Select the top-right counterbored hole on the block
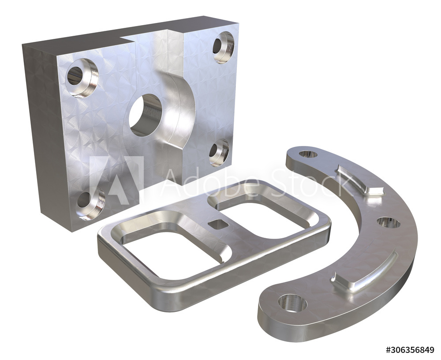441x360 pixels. (x=223, y=47)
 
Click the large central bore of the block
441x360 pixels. (x=146, y=115)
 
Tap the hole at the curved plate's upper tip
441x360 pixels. (x=308, y=154)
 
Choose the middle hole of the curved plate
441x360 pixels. (x=389, y=222)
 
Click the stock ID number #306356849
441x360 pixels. (x=410, y=350)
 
